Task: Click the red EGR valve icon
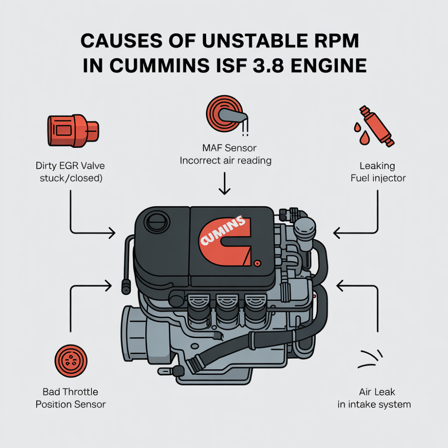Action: click(x=73, y=131)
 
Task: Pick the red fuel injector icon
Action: click(x=374, y=126)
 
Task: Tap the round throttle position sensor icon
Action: click(x=71, y=361)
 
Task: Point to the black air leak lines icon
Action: click(x=370, y=359)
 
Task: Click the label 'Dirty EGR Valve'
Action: click(x=70, y=166)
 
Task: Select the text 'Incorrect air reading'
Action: click(x=225, y=160)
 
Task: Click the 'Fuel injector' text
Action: click(x=378, y=178)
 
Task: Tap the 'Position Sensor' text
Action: click(x=71, y=404)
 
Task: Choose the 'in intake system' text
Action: click(x=374, y=404)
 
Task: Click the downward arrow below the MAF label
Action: click(x=224, y=183)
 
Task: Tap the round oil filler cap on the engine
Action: click(x=157, y=223)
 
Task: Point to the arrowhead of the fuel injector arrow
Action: click(x=336, y=233)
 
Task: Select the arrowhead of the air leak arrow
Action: click(x=340, y=285)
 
